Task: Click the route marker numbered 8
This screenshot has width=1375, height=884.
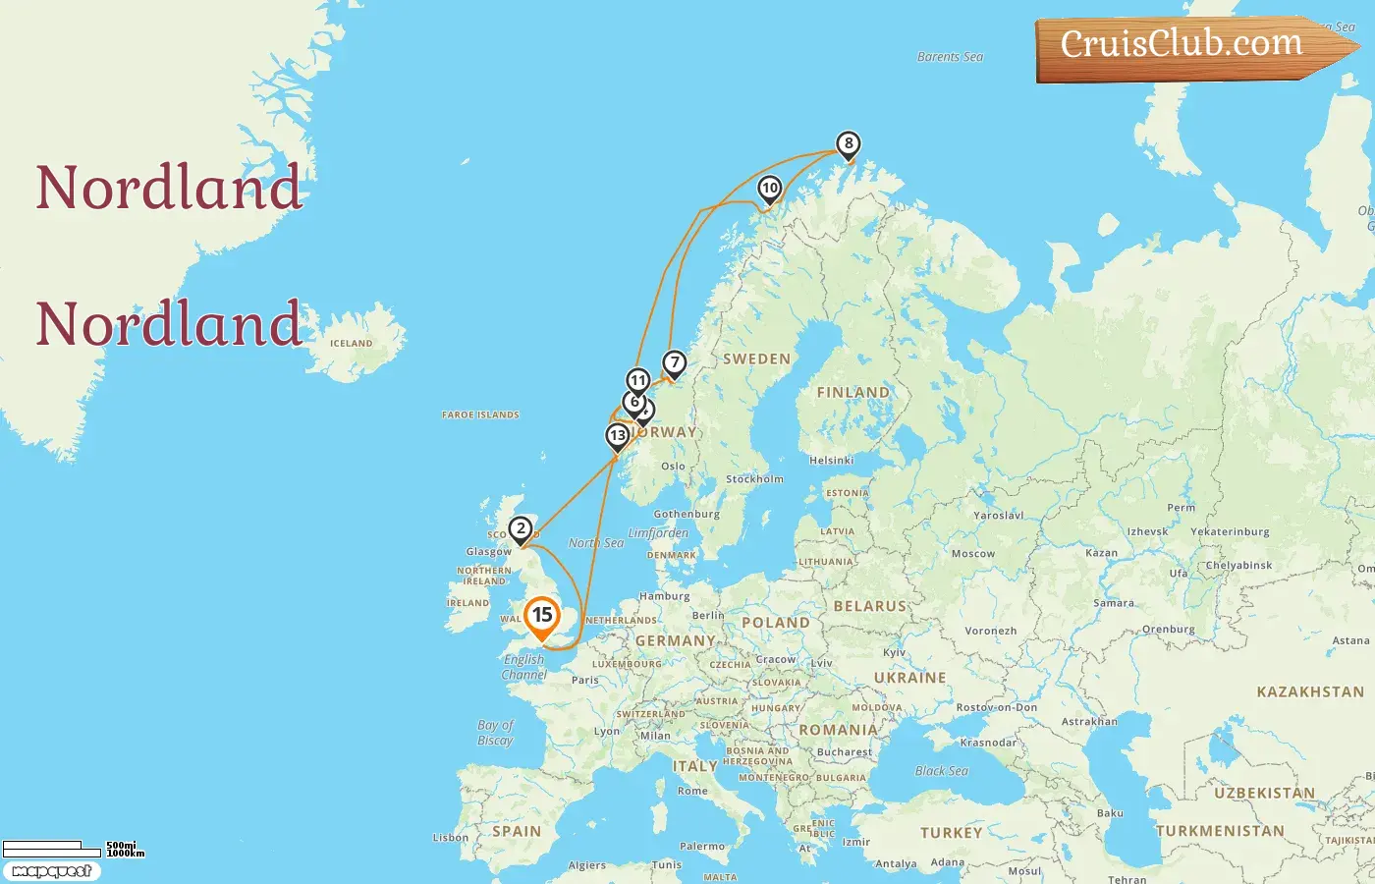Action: pos(849,144)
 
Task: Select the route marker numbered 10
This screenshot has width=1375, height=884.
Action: pos(770,189)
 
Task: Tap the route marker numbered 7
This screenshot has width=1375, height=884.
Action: pos(674,363)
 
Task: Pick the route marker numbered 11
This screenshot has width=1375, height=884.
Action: pos(638,381)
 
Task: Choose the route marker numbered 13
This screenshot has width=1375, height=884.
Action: pos(618,436)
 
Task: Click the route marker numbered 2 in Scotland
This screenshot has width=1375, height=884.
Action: pos(521,529)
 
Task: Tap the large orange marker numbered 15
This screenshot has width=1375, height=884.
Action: pos(541,617)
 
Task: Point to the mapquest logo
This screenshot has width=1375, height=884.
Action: pos(51,871)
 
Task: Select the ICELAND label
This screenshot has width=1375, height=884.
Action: pos(352,344)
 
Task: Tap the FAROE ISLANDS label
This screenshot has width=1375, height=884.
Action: pos(480,415)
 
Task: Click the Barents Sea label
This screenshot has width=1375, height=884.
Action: pos(950,57)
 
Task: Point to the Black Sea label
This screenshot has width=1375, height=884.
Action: pos(941,771)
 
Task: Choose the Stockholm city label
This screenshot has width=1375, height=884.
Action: pos(754,479)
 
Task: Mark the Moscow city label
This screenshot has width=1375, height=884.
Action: pos(972,554)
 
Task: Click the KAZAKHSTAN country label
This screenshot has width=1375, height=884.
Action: pos(1310,691)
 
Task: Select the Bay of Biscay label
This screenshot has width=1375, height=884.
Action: pos(496,733)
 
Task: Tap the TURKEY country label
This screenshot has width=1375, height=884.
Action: pos(951,833)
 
